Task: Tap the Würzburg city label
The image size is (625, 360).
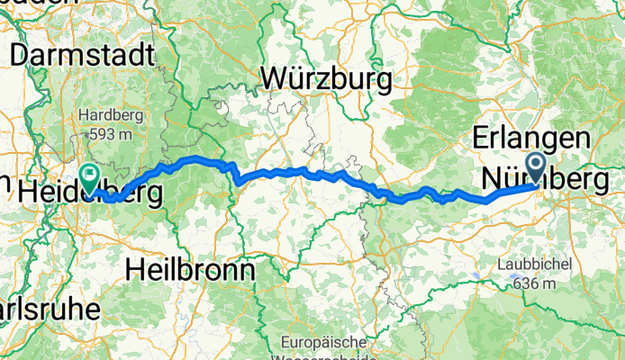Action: [326, 79]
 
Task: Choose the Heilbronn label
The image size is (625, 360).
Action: [191, 268]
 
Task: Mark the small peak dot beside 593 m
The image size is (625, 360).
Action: [90, 135]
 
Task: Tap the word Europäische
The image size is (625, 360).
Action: [322, 342]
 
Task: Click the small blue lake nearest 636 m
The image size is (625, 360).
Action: [475, 275]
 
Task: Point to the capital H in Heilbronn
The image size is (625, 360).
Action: [137, 268]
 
